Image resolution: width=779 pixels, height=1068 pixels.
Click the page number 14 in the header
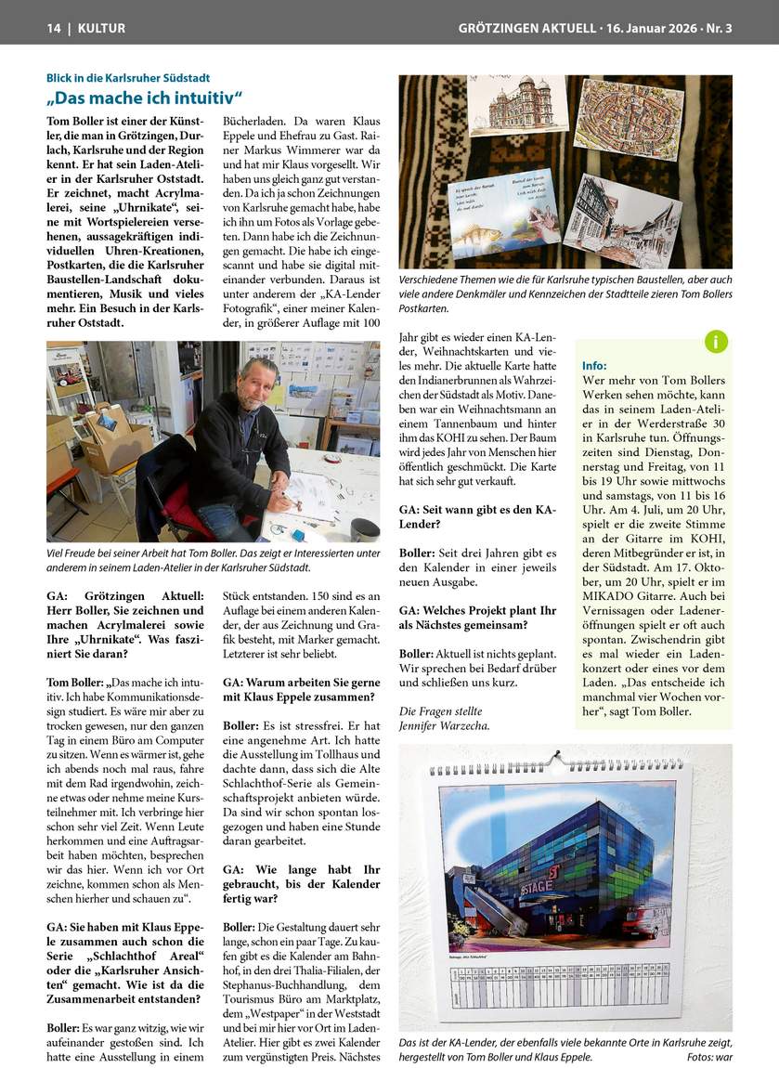point(54,28)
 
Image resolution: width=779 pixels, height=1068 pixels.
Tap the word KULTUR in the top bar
point(101,28)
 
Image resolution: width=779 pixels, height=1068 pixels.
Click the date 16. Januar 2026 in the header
point(649,28)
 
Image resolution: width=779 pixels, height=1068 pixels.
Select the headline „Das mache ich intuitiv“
point(145,98)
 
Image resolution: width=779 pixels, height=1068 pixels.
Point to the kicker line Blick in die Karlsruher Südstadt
point(128,78)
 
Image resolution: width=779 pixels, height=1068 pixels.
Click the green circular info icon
point(716,341)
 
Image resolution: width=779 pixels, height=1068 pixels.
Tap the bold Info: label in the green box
point(594,366)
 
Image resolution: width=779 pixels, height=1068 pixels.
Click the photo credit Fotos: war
point(709,1057)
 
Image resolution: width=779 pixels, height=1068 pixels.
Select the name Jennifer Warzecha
point(443,725)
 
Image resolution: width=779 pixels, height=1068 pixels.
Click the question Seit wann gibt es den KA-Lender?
point(477,516)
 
